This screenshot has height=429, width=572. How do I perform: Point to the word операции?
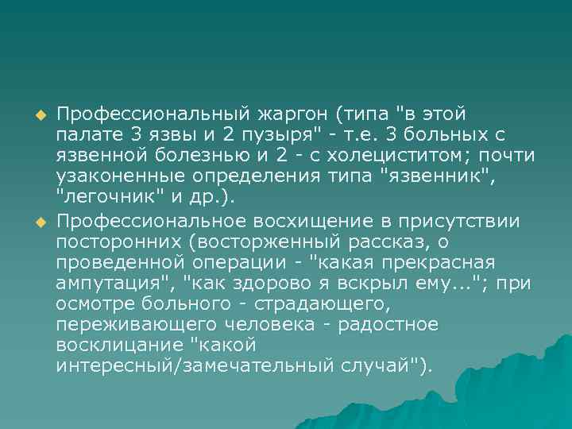tap(238, 262)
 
